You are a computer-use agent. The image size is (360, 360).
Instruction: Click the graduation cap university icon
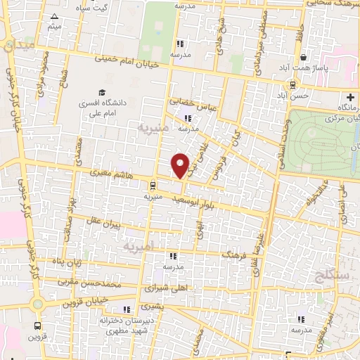coord(102,93)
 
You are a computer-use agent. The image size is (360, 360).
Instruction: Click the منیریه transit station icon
coord(151,186)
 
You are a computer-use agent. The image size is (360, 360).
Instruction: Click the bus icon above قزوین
coord(37,326)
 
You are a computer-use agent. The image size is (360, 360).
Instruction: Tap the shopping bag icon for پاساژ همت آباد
coord(303,58)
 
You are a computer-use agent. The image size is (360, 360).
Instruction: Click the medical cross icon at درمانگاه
coord(349,96)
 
